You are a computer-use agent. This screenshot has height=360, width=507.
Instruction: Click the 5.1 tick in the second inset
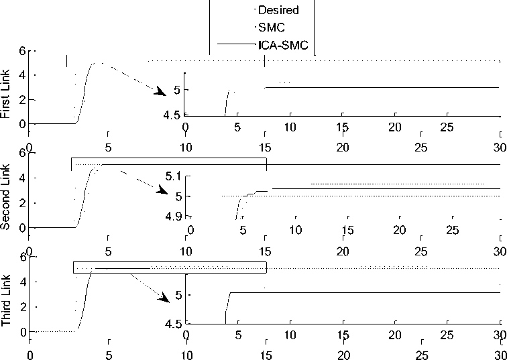pyautogui.click(x=174, y=176)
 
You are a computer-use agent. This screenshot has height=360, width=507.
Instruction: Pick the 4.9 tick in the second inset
pyautogui.click(x=174, y=216)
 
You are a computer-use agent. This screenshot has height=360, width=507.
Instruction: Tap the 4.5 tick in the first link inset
pyautogui.click(x=173, y=115)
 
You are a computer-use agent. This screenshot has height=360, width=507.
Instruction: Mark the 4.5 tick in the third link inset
pyautogui.click(x=173, y=324)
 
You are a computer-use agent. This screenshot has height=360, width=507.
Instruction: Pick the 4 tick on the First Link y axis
pyautogui.click(x=22, y=75)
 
